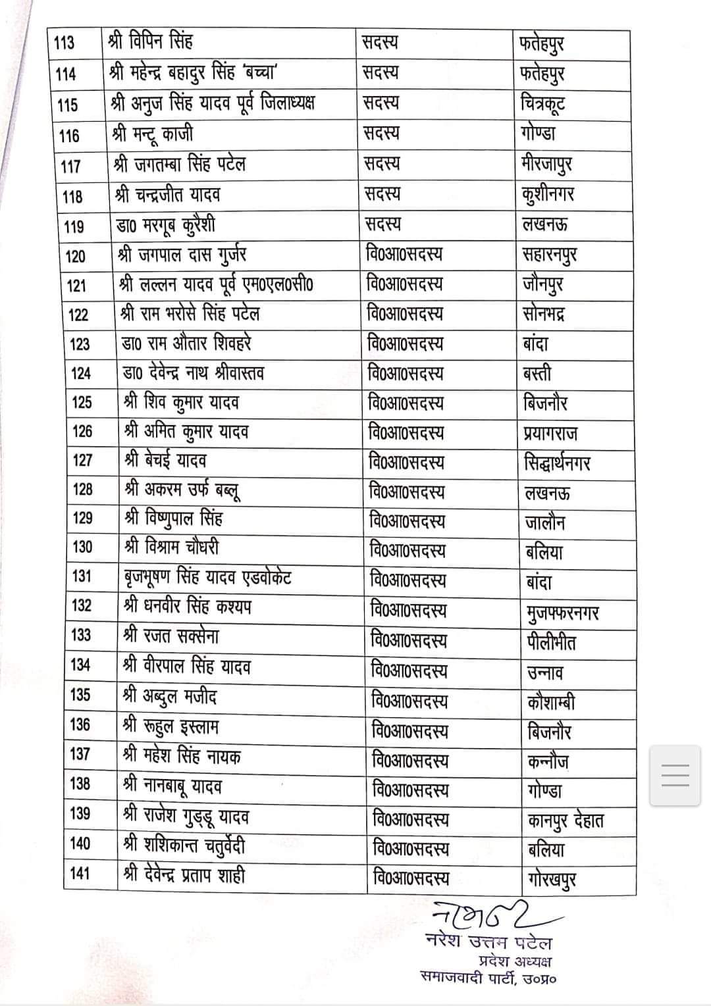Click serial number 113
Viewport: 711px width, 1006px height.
click(x=64, y=43)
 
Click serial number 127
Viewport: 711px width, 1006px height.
click(x=82, y=460)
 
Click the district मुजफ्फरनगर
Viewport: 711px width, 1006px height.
click(x=563, y=613)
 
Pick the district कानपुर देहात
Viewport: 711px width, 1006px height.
click(x=566, y=820)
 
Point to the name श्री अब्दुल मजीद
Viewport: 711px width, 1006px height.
click(x=171, y=696)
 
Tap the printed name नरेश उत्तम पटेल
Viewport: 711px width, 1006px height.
click(x=488, y=943)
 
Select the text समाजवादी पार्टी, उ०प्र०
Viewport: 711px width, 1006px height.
click(x=488, y=978)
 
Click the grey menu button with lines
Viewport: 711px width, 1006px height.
click(x=675, y=775)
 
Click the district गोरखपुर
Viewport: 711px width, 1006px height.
click(x=552, y=879)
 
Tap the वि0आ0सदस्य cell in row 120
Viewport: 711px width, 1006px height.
click(x=404, y=254)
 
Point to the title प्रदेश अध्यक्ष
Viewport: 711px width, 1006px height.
click(x=515, y=961)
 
